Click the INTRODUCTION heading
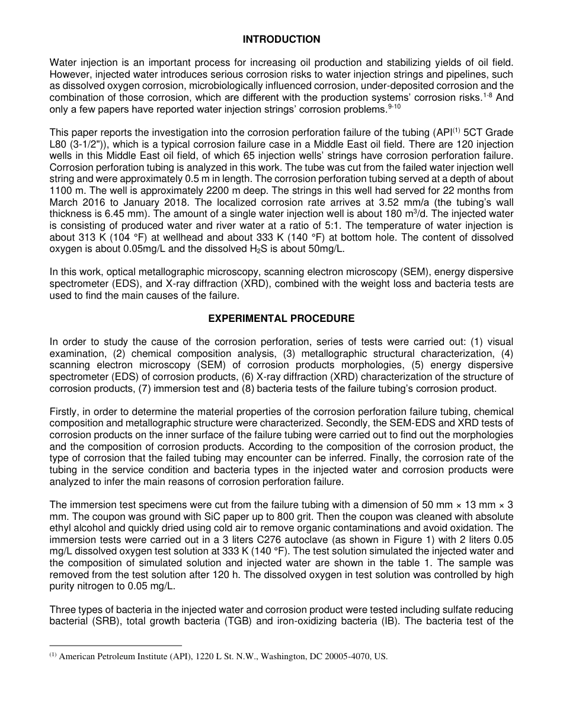[x=281, y=39]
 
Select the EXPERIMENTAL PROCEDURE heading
[x=281, y=318]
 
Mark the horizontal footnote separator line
[x=116, y=646]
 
